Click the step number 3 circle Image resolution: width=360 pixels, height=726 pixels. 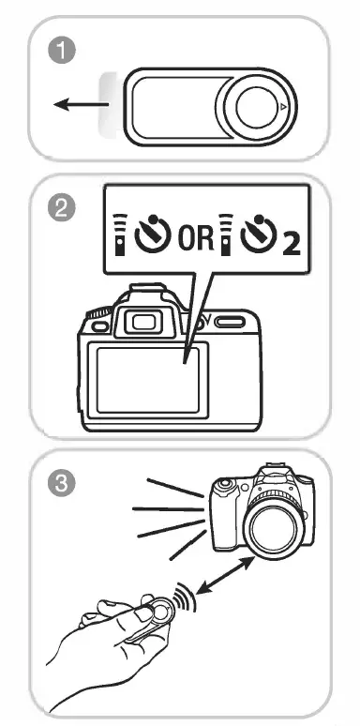[62, 485]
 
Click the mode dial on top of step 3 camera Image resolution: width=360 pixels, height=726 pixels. [224, 487]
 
